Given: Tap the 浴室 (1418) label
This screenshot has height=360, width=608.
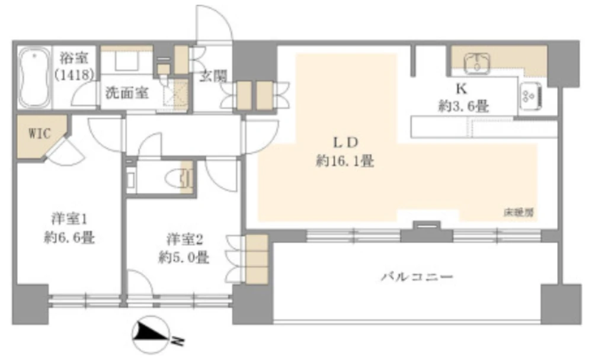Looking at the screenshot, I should coord(74,67).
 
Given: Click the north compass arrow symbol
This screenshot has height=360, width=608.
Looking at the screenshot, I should coord(153,335).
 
